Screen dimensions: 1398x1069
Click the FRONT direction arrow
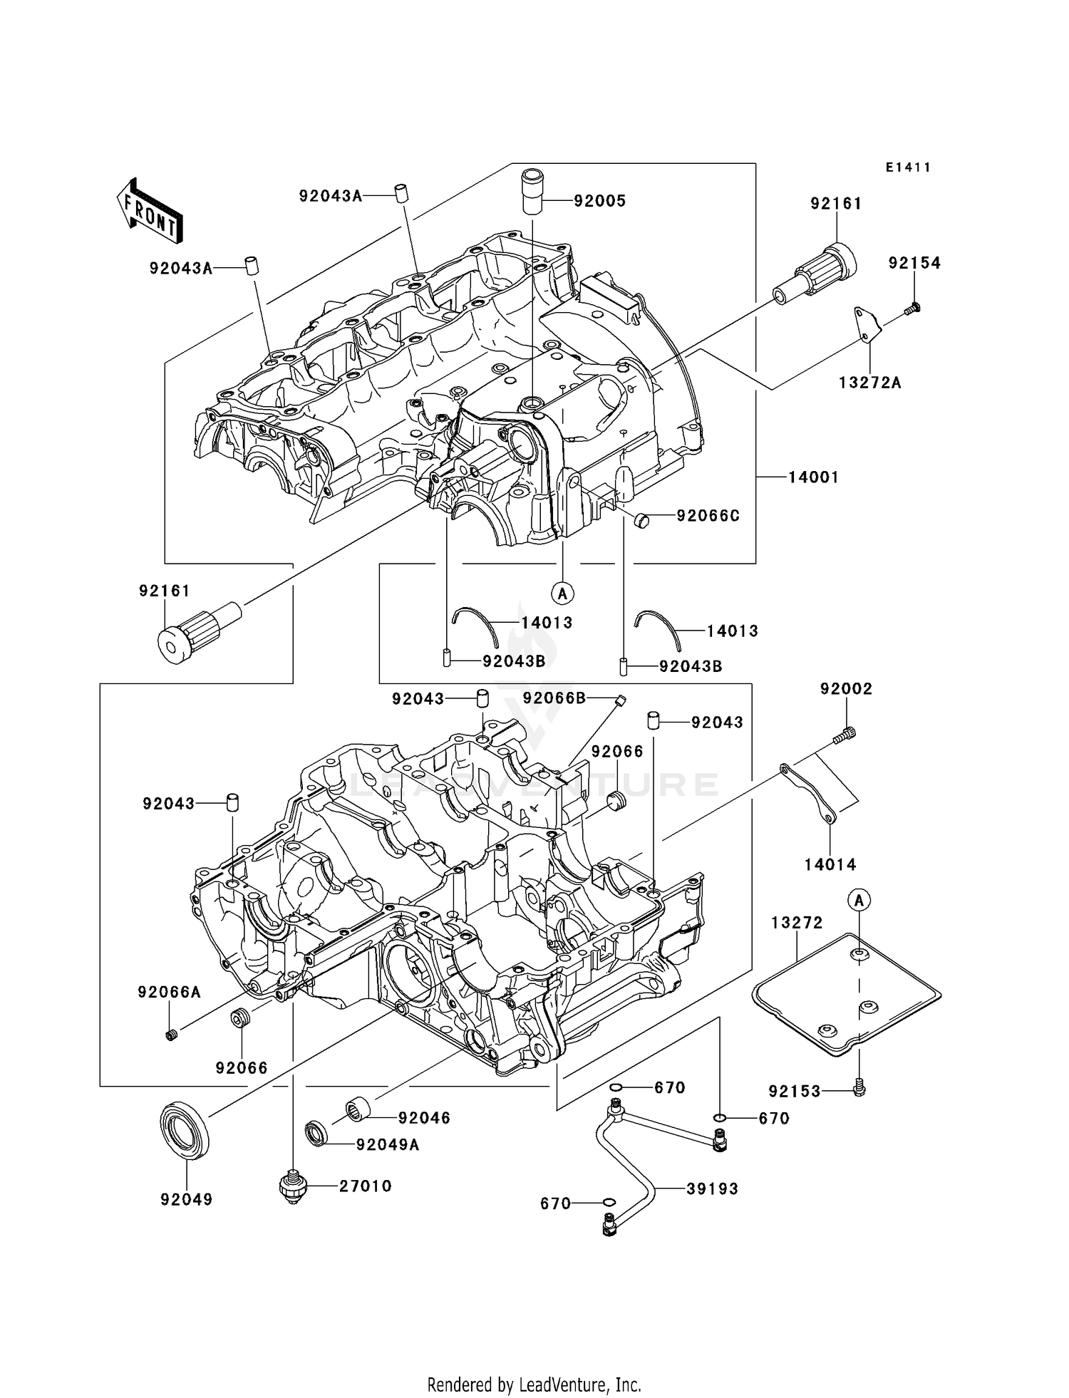pos(148,211)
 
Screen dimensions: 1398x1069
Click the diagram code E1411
pos(908,167)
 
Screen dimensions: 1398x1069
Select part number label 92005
pos(599,202)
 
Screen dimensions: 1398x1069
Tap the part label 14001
pos(813,477)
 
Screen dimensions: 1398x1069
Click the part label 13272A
pos(869,383)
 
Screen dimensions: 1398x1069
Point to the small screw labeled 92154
pos(913,309)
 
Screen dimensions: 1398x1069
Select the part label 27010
pos(365,1186)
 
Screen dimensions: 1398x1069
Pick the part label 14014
pos(830,864)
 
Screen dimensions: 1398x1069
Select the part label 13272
pos(797,923)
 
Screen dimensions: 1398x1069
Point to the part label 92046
pos(424,1118)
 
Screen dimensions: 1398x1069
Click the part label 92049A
pos(388,1145)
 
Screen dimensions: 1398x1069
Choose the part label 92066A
pos(170,992)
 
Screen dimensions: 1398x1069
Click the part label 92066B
pos(554,698)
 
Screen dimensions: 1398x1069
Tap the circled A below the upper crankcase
pos(562,592)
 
